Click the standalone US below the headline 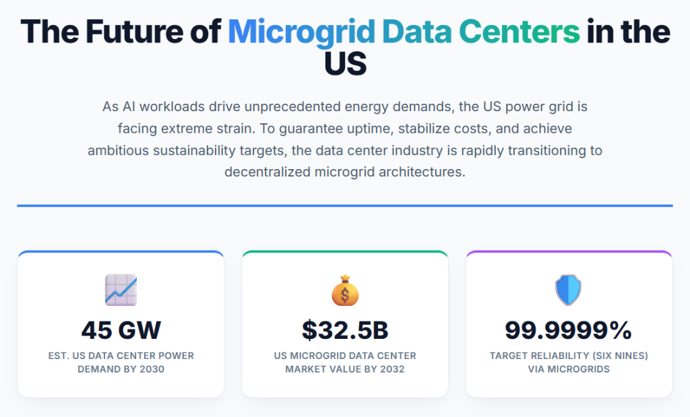tap(345, 64)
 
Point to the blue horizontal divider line tap(345, 205)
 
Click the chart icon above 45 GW tap(121, 290)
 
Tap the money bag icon tap(345, 290)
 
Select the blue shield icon tap(568, 290)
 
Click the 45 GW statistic tap(121, 330)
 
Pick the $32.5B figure tap(345, 330)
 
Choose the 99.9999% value tap(568, 330)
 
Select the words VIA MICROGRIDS tap(568, 369)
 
